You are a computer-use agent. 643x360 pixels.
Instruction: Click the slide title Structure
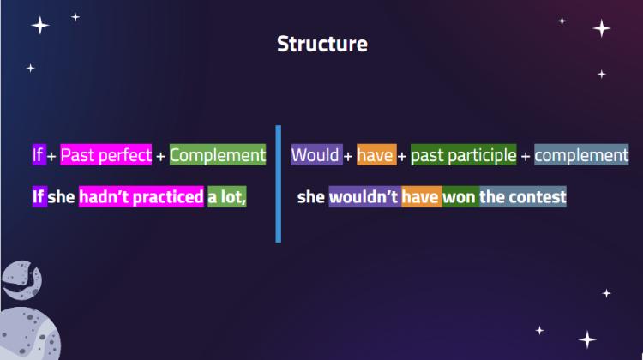(321, 44)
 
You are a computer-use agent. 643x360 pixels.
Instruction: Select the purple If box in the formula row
(39, 155)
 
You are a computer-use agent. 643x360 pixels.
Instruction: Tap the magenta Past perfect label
(105, 155)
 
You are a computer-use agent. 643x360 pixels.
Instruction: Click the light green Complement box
(218, 155)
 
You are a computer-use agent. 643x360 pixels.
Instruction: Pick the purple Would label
(316, 155)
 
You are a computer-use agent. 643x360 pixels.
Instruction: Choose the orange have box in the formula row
(376, 155)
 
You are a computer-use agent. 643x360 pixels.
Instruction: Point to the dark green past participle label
(463, 155)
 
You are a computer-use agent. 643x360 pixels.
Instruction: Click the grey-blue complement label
(581, 155)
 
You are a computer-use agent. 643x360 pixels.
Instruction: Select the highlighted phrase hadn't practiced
(141, 197)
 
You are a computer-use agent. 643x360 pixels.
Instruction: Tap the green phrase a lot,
(227, 197)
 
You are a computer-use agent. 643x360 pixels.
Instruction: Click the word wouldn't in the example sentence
(364, 197)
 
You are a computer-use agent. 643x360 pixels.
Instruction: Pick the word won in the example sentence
(460, 197)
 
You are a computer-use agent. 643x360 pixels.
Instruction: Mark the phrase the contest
(523, 197)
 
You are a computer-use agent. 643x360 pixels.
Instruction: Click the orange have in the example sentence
(422, 197)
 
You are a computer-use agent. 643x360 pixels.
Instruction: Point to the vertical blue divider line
(279, 184)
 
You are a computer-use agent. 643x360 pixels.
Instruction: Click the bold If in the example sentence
(39, 197)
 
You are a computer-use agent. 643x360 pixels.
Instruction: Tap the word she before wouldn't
(311, 197)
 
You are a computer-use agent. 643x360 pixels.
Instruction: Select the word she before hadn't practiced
(61, 197)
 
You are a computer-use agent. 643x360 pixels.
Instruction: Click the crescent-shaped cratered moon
(22, 280)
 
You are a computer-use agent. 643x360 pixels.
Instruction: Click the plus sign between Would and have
(348, 156)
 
